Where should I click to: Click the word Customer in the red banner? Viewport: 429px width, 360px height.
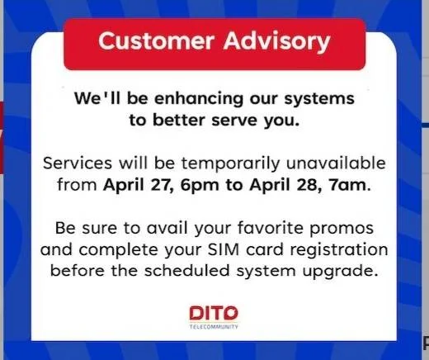coord(156,41)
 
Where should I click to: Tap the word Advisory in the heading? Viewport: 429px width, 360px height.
coord(276,42)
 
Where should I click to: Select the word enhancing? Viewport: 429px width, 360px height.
coord(199,98)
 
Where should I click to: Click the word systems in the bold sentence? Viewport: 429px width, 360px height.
coord(319,99)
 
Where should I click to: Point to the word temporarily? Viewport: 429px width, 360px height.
coord(230,163)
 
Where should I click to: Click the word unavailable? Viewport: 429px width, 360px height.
coord(336,163)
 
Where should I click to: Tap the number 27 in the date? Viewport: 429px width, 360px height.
coord(163,185)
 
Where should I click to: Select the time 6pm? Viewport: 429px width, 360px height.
coord(200,186)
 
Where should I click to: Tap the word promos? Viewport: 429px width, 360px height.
coord(342,229)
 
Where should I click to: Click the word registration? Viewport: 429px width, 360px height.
coord(339,250)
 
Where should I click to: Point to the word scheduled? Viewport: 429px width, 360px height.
coord(187,271)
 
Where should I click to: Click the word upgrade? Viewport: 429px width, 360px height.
coord(339,272)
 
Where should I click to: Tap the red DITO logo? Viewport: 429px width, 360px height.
coord(214,313)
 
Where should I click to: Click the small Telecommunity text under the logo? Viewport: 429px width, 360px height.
coord(214,327)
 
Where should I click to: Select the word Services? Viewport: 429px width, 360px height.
coord(78,163)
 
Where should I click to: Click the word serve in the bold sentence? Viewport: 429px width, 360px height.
coord(234,121)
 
